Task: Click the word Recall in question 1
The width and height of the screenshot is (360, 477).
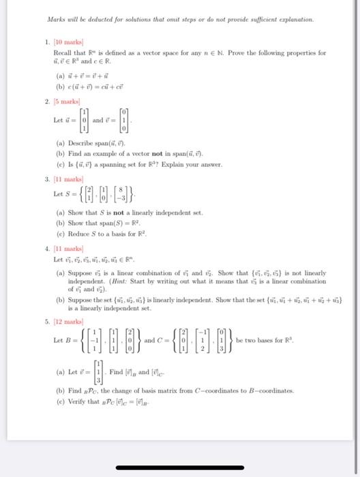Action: click(x=62, y=52)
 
